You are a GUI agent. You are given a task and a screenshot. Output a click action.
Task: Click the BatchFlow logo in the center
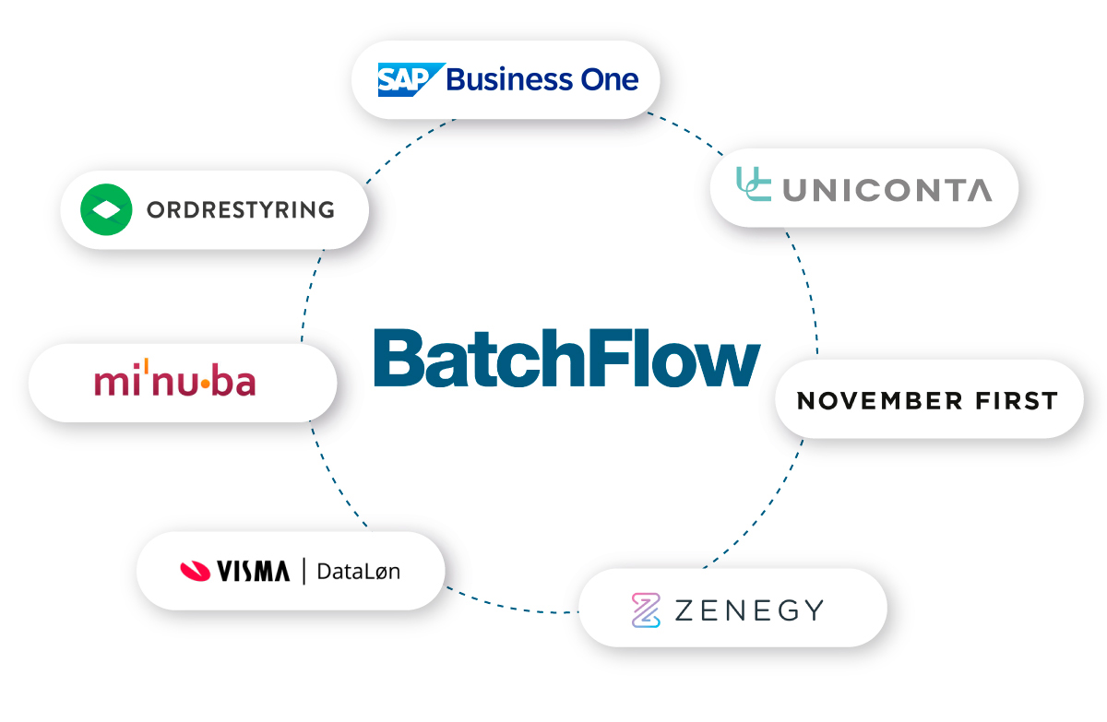[566, 357]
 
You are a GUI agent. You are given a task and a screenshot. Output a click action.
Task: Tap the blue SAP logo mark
[410, 79]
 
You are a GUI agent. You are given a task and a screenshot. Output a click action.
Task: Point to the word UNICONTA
[887, 189]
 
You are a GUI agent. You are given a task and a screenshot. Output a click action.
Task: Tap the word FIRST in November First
[1018, 401]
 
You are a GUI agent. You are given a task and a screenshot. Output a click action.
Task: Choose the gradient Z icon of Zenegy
[647, 610]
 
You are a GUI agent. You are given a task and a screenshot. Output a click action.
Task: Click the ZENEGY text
[748, 610]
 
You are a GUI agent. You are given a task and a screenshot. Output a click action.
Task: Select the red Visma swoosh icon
[195, 571]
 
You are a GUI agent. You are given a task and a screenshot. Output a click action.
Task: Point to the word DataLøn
[358, 571]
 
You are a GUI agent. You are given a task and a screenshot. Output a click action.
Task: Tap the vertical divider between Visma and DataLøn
[304, 571]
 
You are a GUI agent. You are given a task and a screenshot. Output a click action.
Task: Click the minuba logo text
[174, 382]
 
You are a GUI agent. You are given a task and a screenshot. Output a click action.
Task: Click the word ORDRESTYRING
[240, 209]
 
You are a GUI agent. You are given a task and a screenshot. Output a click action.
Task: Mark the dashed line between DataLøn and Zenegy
[512, 606]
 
